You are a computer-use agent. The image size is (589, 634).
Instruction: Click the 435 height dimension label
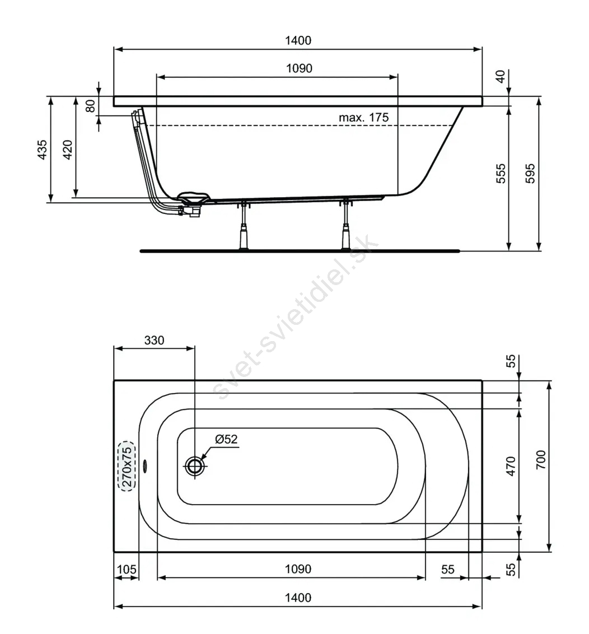click(43, 150)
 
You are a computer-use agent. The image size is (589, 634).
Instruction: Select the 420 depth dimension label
click(68, 150)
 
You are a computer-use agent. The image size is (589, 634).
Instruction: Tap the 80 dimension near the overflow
click(91, 106)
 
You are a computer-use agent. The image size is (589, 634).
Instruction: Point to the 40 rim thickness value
click(501, 76)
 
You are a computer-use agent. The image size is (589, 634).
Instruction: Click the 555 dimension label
click(501, 174)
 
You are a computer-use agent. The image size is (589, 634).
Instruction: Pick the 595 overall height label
click(530, 174)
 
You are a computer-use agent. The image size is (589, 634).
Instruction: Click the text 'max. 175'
click(363, 118)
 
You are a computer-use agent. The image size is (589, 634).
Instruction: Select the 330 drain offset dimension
click(154, 341)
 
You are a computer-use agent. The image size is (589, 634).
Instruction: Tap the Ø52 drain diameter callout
click(226, 439)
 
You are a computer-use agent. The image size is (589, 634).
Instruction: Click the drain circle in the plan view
click(195, 466)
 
